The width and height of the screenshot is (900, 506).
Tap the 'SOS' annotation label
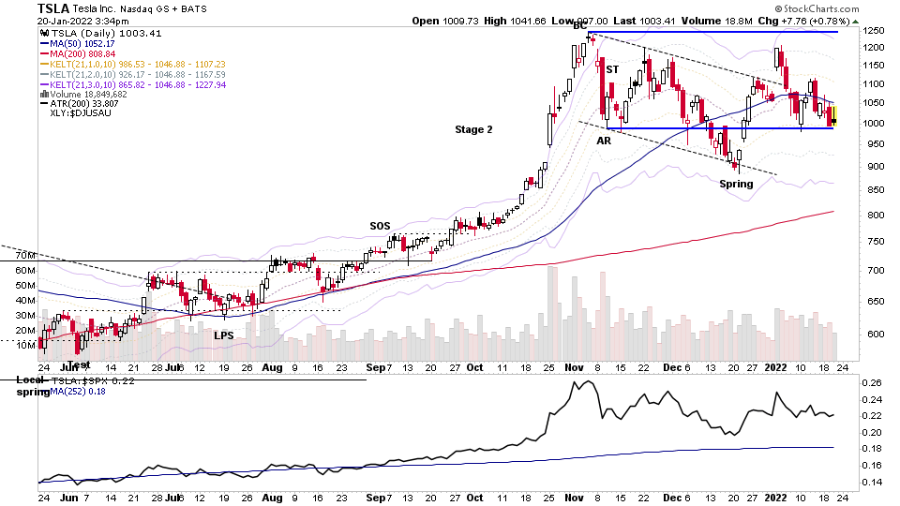point(380,226)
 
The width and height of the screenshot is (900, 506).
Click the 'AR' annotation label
point(605,140)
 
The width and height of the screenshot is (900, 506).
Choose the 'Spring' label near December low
point(736,184)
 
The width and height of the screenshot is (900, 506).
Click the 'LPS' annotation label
point(223,335)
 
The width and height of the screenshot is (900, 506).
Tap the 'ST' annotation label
point(612,69)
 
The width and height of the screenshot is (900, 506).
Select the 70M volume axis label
point(24,255)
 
